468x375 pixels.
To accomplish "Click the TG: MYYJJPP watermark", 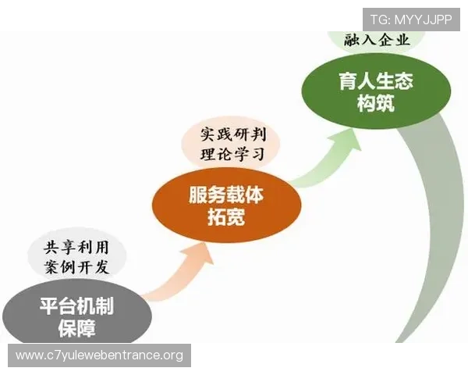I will [410, 19].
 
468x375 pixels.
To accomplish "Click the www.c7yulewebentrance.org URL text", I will [99, 355].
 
